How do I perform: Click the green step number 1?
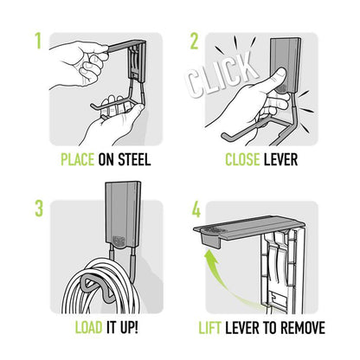(x=38, y=41)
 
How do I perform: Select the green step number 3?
(x=38, y=209)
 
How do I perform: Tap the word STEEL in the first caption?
(x=135, y=160)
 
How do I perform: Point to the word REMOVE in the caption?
(x=299, y=328)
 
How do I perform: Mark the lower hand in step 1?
(x=112, y=121)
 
